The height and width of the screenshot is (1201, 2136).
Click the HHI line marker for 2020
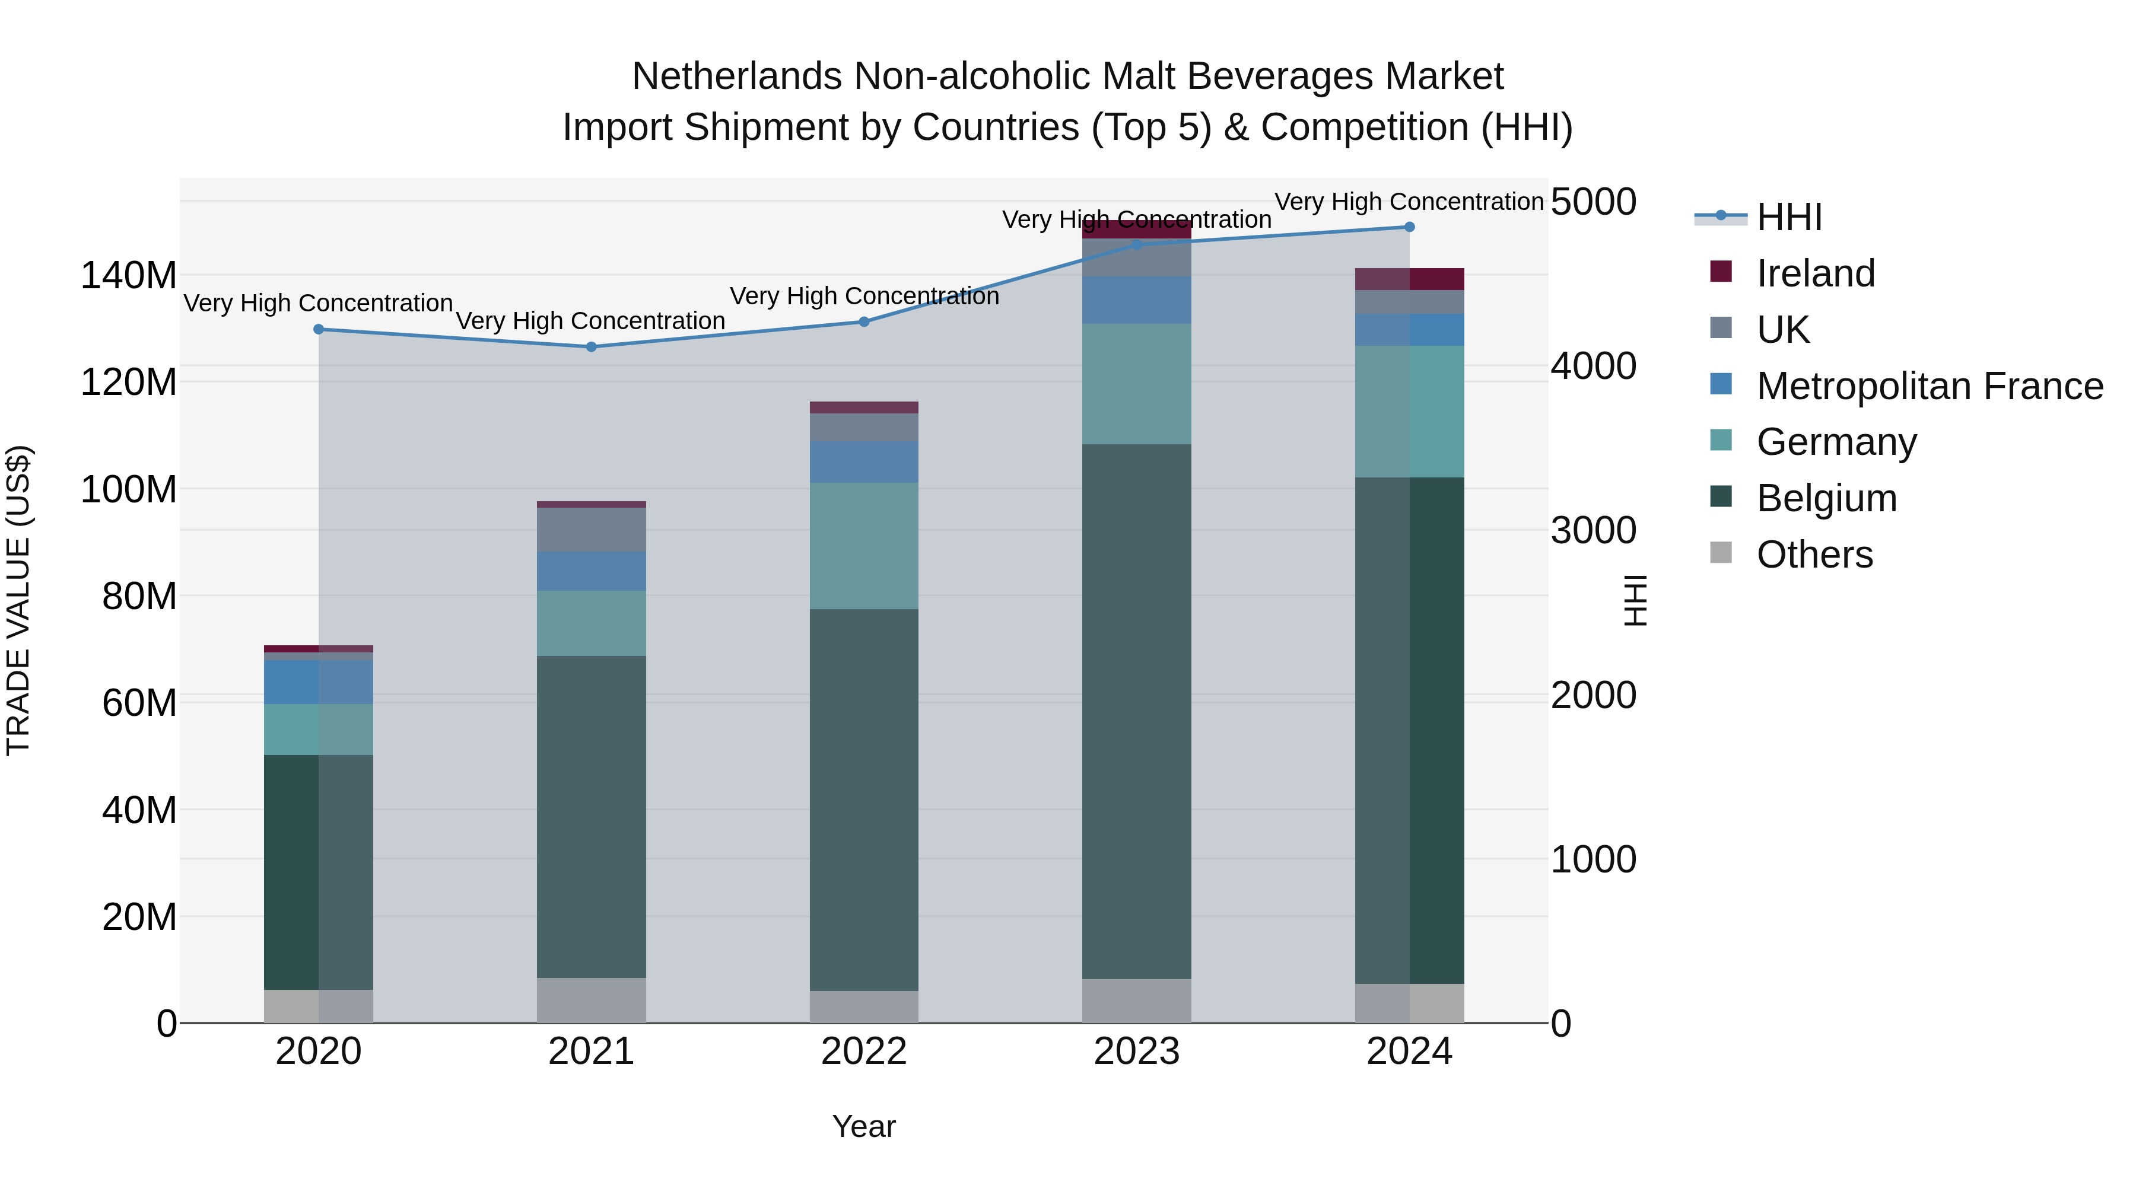click(x=319, y=329)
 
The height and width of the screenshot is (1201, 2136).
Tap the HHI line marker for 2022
click(x=864, y=321)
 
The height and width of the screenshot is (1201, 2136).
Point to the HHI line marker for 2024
click(x=1410, y=227)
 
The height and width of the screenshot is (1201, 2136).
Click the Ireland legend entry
click(x=1814, y=273)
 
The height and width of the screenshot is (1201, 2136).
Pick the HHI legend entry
click(x=1788, y=217)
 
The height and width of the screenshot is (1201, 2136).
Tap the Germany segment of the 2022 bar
click(x=864, y=546)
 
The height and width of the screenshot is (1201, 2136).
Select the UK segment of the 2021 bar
click(x=591, y=530)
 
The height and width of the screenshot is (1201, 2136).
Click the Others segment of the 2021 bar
click(x=591, y=1001)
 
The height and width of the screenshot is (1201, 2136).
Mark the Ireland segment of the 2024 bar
click(x=1410, y=279)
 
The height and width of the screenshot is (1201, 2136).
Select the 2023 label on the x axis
click(x=1137, y=1052)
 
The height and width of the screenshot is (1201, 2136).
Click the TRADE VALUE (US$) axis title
click(x=18, y=600)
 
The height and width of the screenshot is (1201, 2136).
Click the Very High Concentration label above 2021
click(x=590, y=321)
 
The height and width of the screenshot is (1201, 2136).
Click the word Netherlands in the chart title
click(x=737, y=77)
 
